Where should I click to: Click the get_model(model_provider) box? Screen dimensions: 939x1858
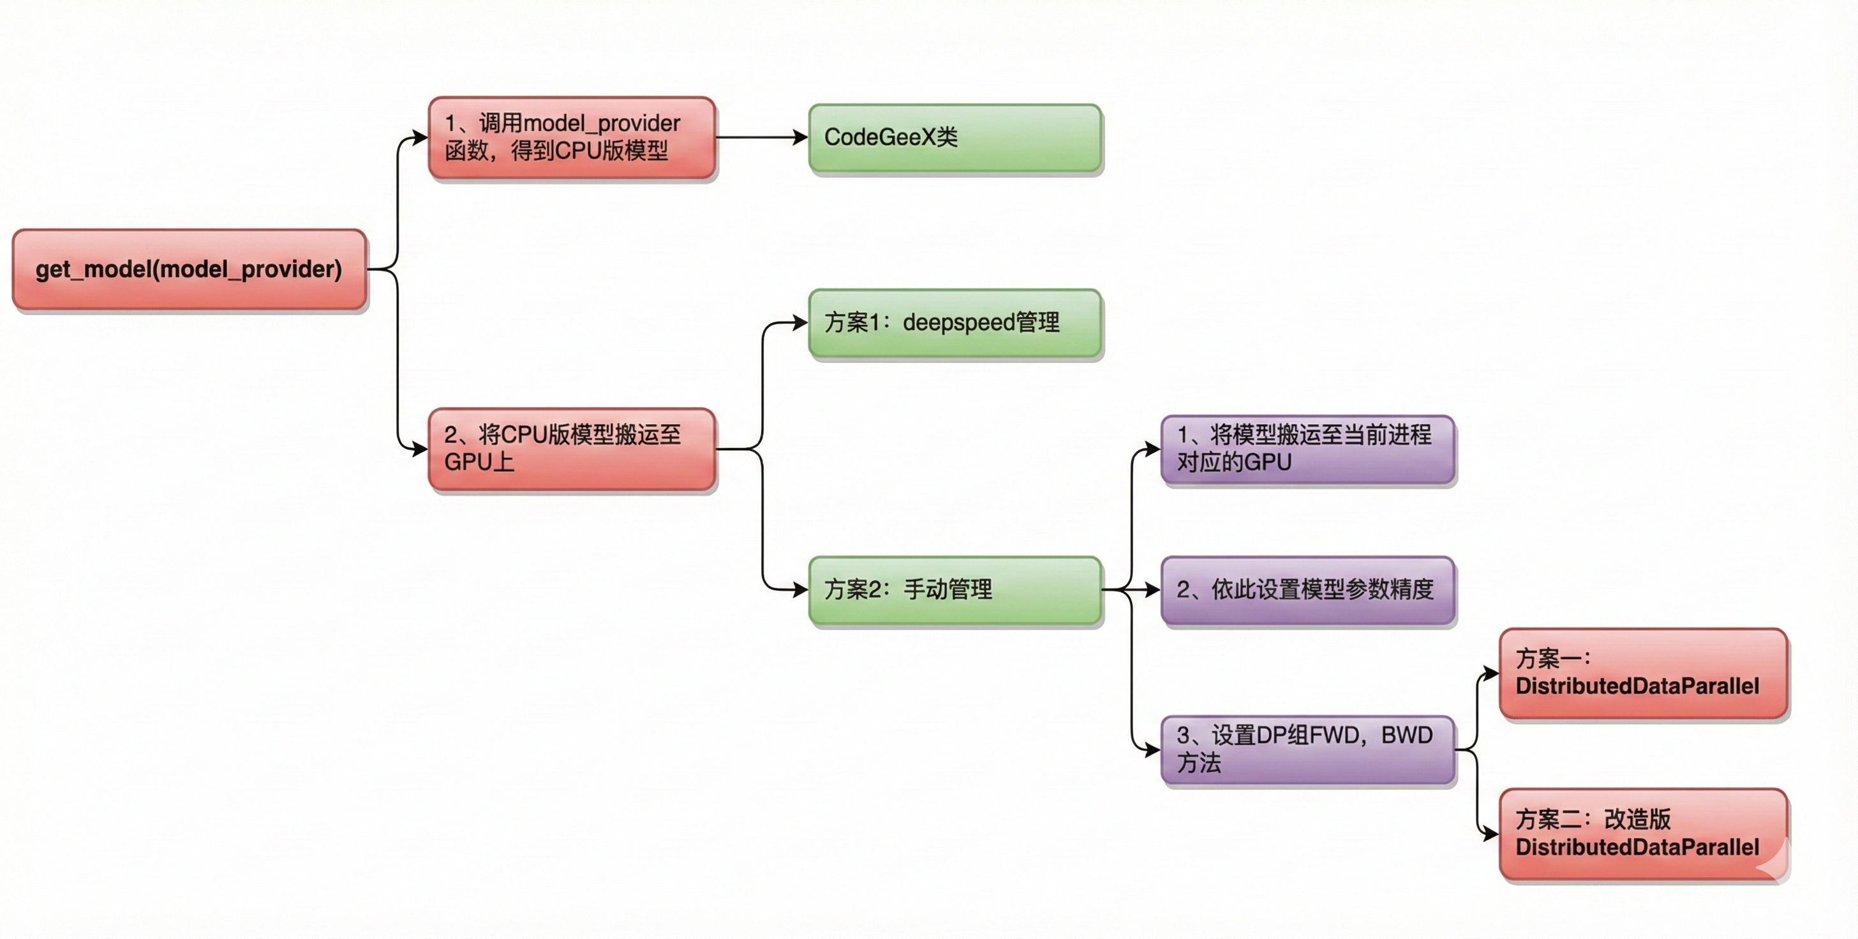(x=189, y=270)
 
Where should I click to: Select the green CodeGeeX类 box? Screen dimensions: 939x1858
(x=955, y=137)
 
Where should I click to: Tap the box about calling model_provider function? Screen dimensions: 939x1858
(x=571, y=137)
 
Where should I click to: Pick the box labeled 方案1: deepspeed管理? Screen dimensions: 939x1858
(x=955, y=322)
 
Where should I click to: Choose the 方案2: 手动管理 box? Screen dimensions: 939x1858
(x=955, y=590)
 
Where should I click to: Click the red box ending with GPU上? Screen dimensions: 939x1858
(x=571, y=448)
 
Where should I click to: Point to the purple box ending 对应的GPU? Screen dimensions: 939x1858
(x=1307, y=448)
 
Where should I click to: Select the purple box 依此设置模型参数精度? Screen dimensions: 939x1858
(x=1307, y=590)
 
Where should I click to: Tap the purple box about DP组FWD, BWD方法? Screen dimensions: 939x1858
(x=1307, y=750)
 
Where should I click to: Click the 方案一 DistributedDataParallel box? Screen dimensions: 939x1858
(x=1643, y=673)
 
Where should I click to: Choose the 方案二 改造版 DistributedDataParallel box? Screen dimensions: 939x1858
(x=1643, y=834)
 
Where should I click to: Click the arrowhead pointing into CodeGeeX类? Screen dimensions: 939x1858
(x=800, y=137)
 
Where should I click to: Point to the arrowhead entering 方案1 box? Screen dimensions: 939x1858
(x=800, y=322)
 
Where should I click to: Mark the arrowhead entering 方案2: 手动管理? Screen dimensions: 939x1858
(x=800, y=590)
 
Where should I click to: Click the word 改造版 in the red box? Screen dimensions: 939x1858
(x=1637, y=819)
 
